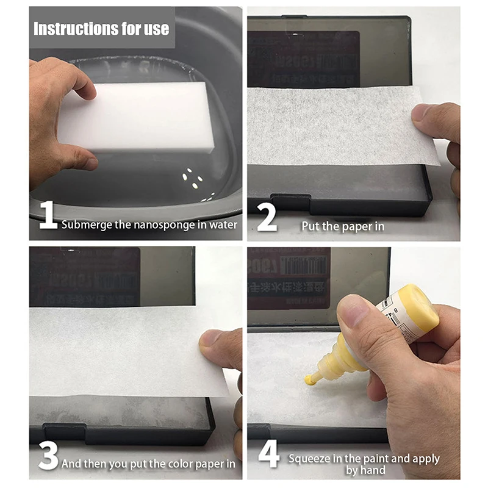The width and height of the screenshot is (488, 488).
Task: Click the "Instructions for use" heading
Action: click(101, 29)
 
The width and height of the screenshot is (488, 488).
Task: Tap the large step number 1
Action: click(48, 217)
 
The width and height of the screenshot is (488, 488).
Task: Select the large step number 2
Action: click(267, 218)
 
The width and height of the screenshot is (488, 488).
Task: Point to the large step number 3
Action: click(48, 456)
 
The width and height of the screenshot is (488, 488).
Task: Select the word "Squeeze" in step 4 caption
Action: click(310, 458)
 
